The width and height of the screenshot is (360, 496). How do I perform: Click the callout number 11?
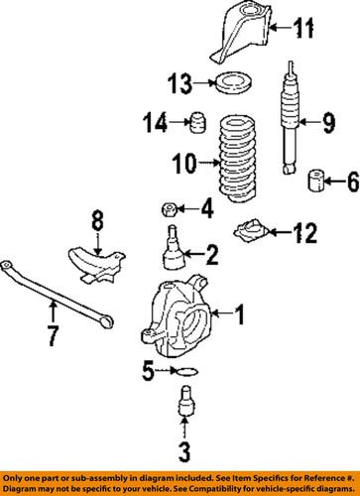[303, 28]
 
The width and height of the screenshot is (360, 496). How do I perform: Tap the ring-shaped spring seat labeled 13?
[234, 82]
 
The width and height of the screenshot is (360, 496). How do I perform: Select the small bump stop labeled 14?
[198, 123]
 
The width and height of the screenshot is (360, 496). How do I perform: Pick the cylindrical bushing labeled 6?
[316, 181]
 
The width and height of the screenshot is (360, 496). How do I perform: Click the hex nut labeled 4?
[170, 209]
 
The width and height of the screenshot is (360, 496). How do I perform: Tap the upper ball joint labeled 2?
[174, 248]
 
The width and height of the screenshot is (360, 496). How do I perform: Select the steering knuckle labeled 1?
[176, 318]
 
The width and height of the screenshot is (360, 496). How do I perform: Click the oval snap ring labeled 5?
[187, 372]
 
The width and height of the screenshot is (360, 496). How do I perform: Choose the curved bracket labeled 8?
[96, 265]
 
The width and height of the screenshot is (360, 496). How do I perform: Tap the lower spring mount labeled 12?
[251, 230]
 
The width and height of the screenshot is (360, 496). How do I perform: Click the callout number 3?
[184, 452]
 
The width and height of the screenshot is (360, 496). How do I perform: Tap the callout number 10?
[184, 164]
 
